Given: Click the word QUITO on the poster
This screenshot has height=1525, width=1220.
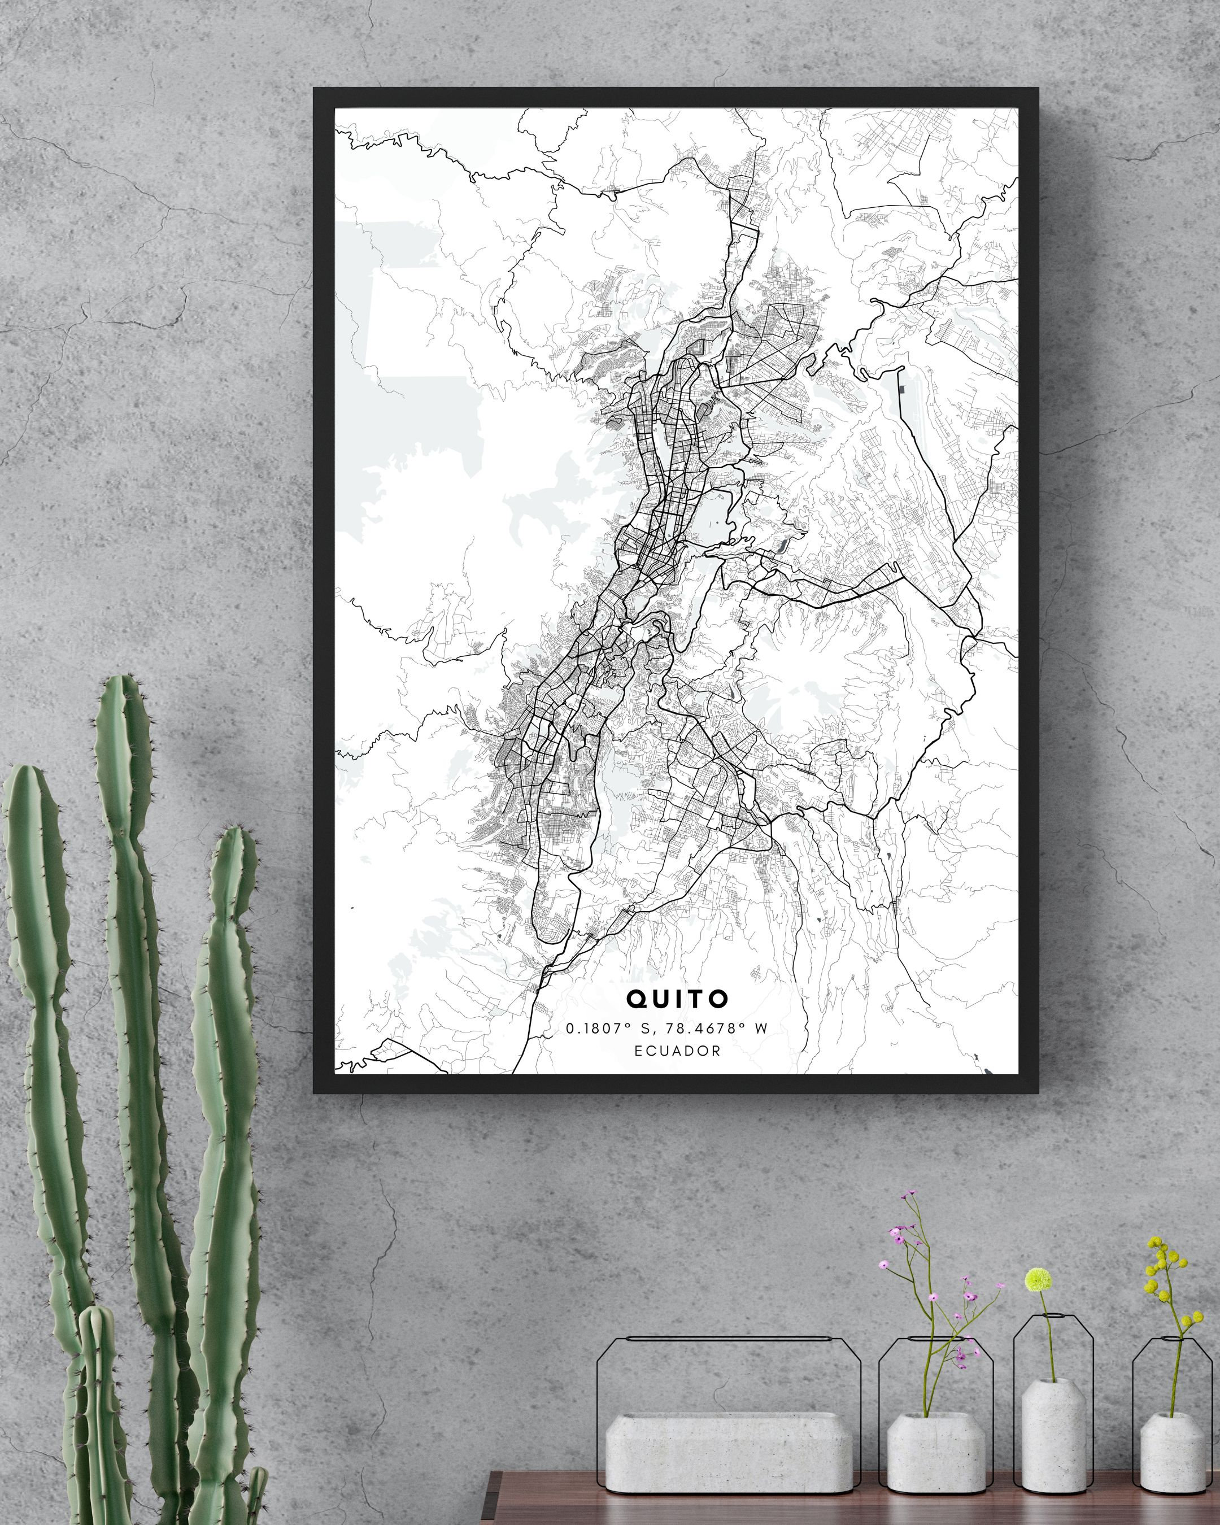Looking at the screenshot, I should click(677, 998).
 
